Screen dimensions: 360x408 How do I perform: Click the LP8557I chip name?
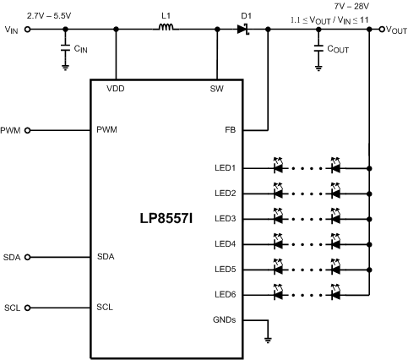click(x=166, y=218)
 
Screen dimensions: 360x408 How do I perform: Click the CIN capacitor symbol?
click(x=66, y=50)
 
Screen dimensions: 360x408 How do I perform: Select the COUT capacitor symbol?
click(x=319, y=50)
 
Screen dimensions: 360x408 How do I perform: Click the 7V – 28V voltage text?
click(x=346, y=5)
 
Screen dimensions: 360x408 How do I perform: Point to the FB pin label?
click(x=230, y=130)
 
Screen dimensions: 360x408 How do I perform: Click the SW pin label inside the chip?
click(x=218, y=89)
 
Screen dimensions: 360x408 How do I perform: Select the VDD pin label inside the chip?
click(x=116, y=89)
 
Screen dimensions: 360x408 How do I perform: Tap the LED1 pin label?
click(x=225, y=167)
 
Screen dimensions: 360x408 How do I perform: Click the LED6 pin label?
click(x=225, y=294)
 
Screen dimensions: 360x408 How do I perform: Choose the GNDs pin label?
click(x=224, y=319)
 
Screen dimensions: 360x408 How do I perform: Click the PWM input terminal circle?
click(x=28, y=130)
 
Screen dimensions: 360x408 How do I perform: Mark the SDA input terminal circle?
click(x=28, y=256)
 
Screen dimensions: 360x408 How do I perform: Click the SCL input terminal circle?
click(x=28, y=307)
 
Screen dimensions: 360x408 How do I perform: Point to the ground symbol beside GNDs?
click(x=269, y=340)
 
